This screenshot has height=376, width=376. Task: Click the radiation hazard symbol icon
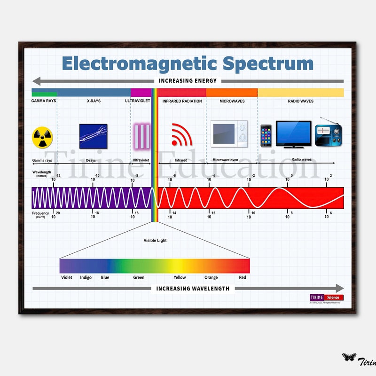[42, 136]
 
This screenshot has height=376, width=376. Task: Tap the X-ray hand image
[93, 136]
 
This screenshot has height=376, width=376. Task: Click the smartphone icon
[266, 136]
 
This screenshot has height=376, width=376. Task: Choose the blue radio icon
[328, 134]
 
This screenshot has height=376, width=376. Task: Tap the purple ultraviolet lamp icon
[141, 135]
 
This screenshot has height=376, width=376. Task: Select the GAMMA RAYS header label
[44, 101]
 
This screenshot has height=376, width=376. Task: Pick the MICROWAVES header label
[232, 101]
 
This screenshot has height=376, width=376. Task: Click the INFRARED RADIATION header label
[182, 101]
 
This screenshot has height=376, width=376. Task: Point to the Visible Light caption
[155, 241]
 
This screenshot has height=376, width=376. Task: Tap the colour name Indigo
[86, 277]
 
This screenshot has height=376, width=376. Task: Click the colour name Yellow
[180, 277]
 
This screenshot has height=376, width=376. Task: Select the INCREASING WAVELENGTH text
[193, 289]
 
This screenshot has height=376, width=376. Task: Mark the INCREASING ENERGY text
[188, 81]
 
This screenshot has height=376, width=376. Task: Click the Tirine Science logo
[326, 298]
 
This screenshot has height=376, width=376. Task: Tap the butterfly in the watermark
[349, 358]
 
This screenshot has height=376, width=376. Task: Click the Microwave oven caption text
[225, 160]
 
